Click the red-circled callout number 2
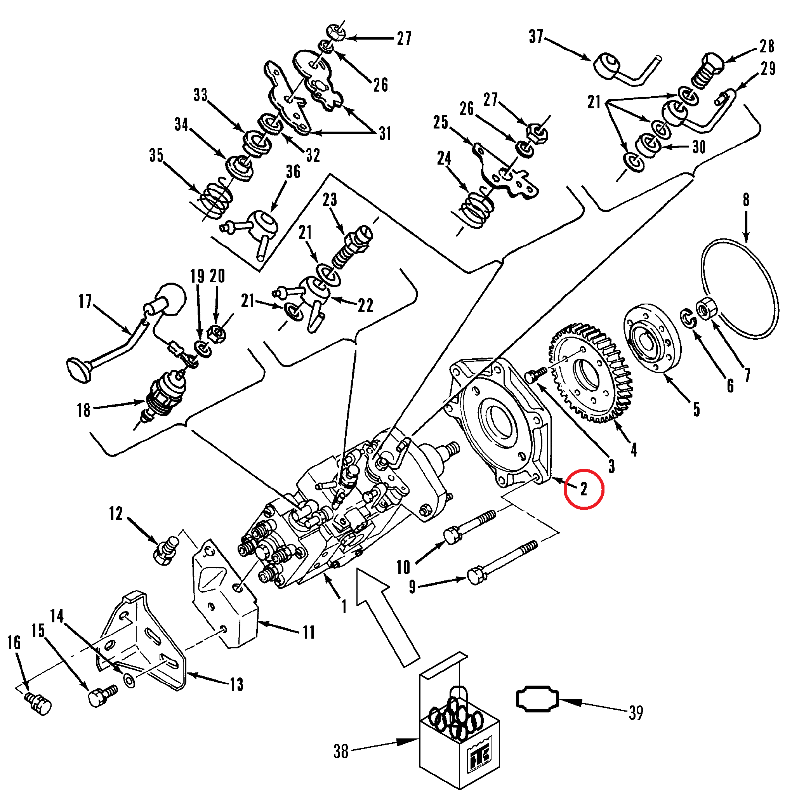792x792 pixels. (x=584, y=489)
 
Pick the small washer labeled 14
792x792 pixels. (x=129, y=681)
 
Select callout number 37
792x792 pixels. (x=536, y=36)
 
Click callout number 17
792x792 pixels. (x=85, y=301)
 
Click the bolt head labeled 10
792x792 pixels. (x=452, y=535)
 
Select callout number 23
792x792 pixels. (x=330, y=200)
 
